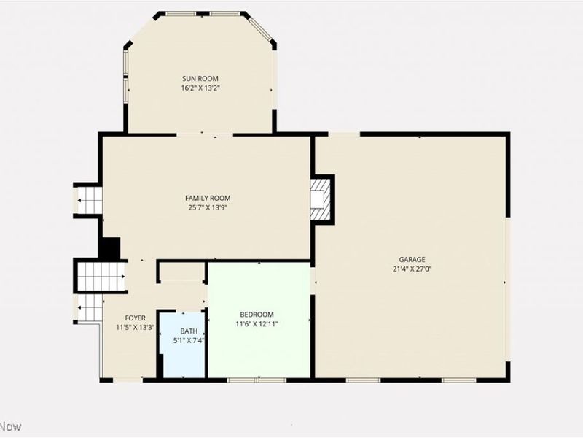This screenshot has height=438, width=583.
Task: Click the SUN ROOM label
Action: tap(200, 78)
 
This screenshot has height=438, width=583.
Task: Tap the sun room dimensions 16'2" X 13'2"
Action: tap(200, 88)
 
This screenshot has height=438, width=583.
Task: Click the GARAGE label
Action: tap(412, 259)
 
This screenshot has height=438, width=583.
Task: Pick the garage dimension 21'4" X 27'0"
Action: tap(412, 268)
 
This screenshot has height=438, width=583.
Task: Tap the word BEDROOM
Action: tap(257, 315)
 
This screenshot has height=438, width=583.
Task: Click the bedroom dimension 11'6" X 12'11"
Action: tap(257, 323)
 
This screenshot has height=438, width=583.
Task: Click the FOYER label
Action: tap(135, 318)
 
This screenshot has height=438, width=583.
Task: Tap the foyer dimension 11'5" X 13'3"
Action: tap(135, 327)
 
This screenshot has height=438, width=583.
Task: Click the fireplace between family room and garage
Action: tap(320, 199)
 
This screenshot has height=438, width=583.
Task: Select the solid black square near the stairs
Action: tap(109, 248)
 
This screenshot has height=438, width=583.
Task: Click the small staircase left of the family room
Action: tap(90, 200)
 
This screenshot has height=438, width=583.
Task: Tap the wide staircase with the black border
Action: tap(101, 277)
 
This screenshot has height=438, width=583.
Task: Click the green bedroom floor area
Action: tap(259, 350)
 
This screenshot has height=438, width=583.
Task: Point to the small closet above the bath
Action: tap(182, 272)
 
